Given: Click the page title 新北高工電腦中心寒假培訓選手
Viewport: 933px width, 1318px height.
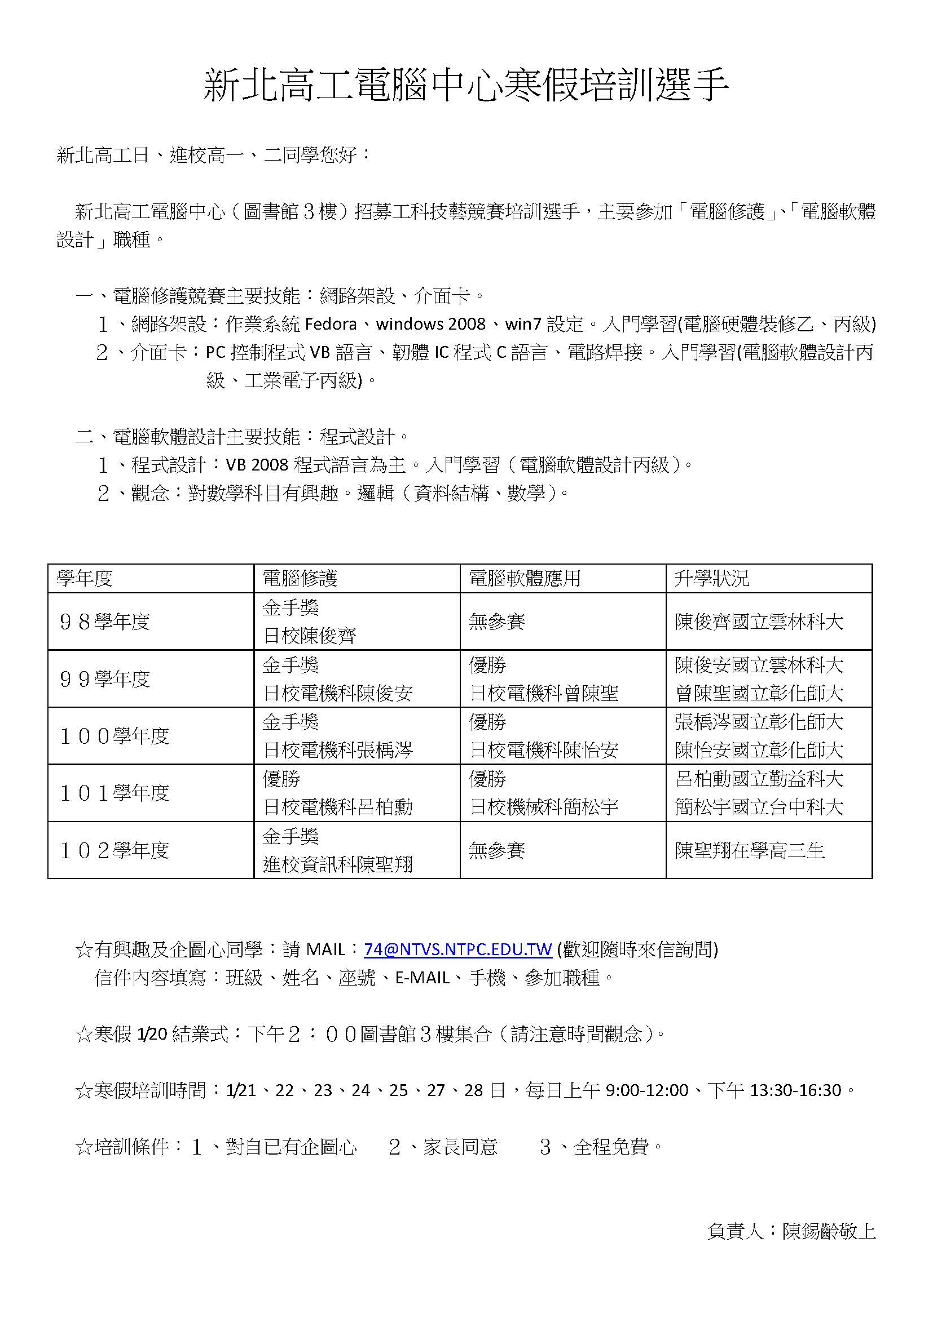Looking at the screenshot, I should [x=466, y=85].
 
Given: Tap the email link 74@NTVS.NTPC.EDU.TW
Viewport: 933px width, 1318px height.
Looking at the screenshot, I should [x=458, y=949].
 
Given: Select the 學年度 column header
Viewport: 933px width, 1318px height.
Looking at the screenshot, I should [x=85, y=578].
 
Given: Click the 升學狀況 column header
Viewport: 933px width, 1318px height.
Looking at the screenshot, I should [x=712, y=578].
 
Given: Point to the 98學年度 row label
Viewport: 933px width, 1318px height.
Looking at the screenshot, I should [x=104, y=621].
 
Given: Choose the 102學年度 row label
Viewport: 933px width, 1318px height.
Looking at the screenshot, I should [x=115, y=850].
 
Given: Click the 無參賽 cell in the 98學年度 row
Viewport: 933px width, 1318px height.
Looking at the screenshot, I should [x=497, y=621].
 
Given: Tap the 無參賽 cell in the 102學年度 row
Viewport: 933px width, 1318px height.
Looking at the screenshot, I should [x=497, y=850].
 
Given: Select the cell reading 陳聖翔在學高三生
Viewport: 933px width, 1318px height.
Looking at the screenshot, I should [x=750, y=850].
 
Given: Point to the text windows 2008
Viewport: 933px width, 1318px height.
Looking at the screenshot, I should [x=431, y=325].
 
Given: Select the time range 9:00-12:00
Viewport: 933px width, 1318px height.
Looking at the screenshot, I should [x=647, y=1090].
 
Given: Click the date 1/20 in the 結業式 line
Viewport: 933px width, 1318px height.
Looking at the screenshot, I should [x=152, y=1034].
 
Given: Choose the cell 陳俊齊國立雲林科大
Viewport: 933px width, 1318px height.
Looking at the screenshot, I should [x=759, y=621].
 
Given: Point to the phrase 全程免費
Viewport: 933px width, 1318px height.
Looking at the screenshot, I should [x=611, y=1146].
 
